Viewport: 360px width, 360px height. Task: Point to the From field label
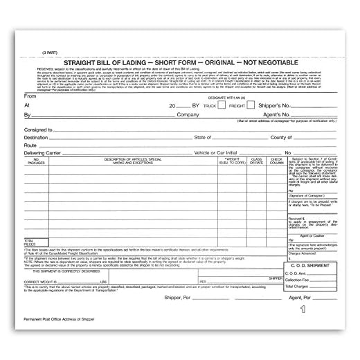coord(29,96)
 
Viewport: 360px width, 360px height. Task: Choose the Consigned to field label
coord(38,129)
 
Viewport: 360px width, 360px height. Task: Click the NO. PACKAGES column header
coord(37,163)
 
